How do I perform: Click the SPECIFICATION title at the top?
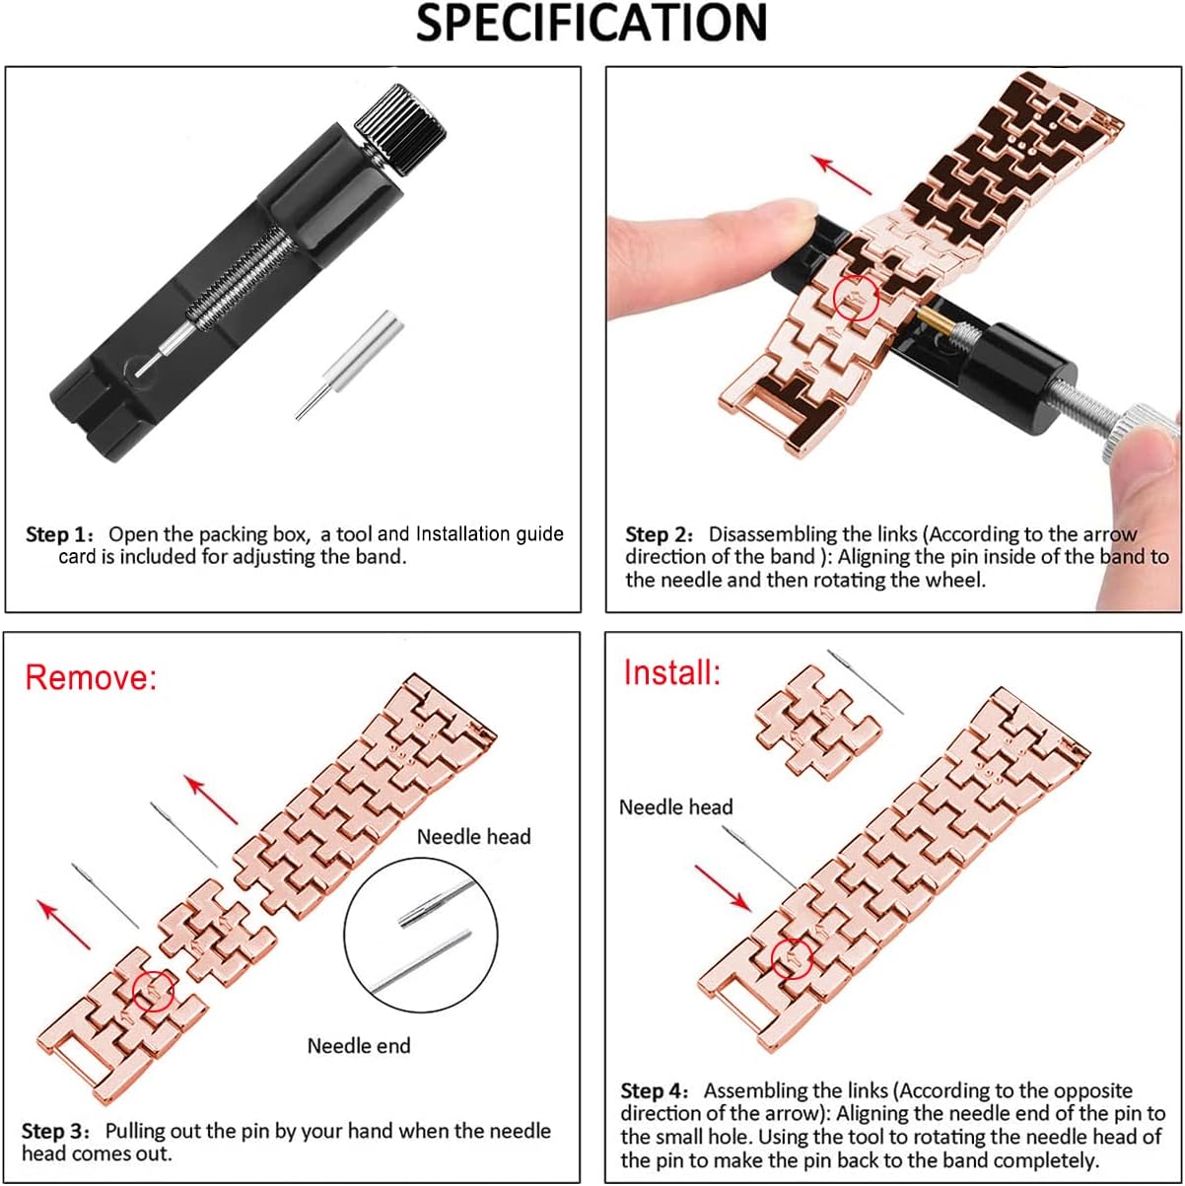592,24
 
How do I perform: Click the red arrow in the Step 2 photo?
843,174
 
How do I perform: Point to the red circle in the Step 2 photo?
855,297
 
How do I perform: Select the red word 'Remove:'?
91,677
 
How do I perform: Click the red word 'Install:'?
672,672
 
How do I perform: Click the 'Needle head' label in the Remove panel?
473,837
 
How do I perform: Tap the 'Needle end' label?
359,1046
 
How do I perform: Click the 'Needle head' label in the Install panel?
676,807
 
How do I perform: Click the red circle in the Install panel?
793,956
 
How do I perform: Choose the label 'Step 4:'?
657,1091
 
